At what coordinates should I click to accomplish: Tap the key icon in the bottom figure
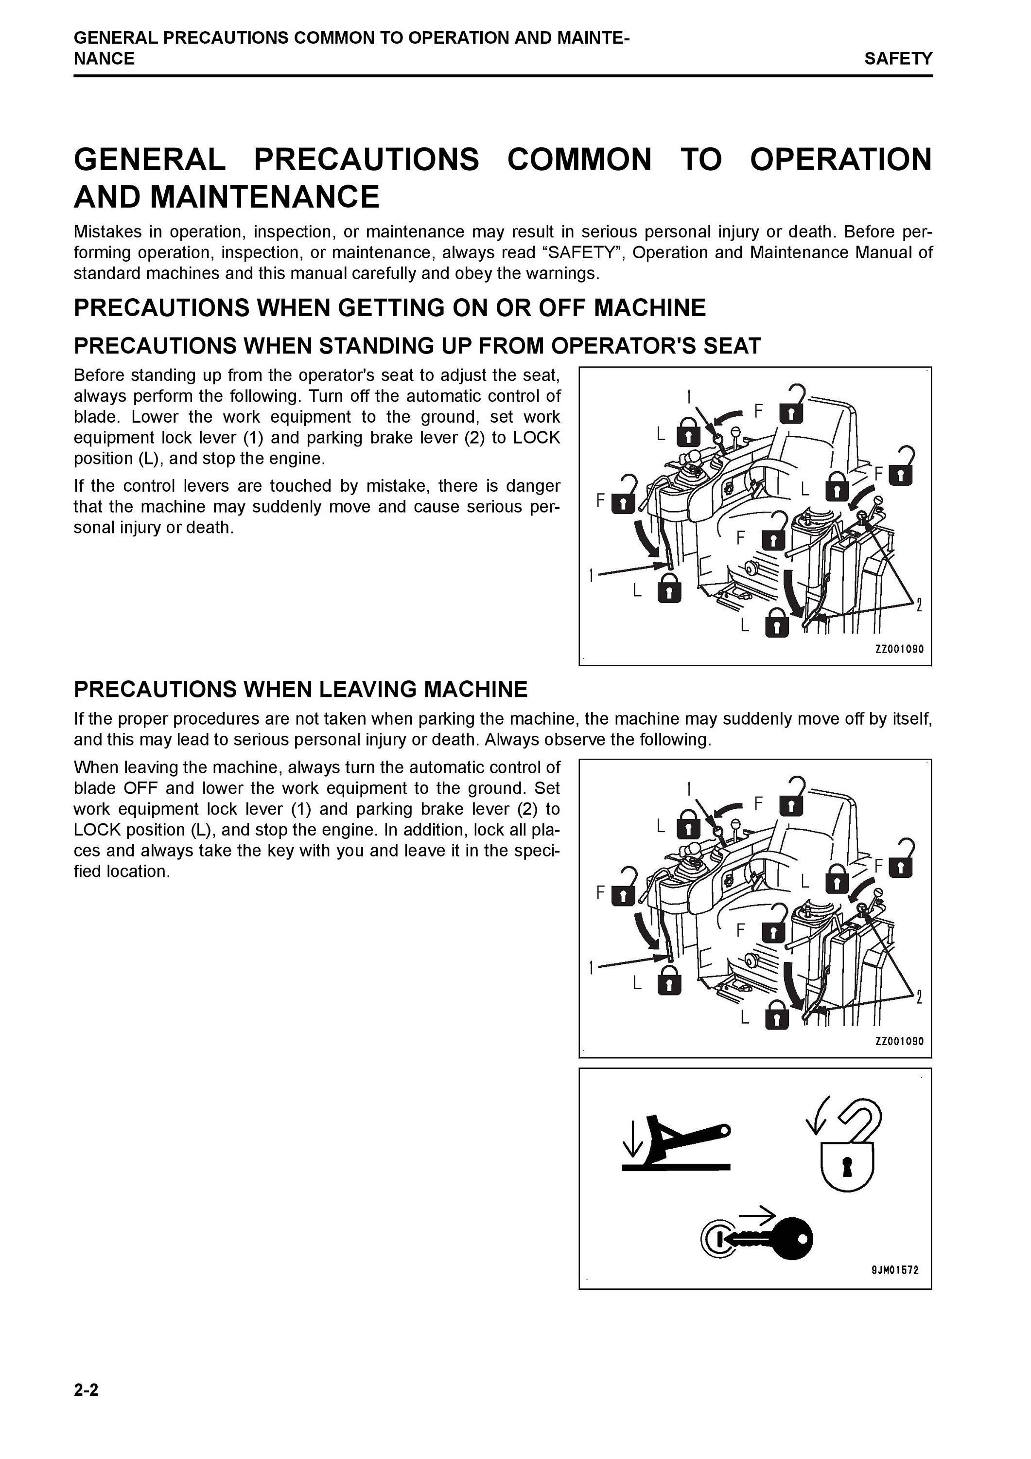(769, 1237)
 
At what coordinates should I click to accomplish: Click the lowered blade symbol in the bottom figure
(676, 1144)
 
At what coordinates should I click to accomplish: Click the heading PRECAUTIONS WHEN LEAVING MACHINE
(300, 690)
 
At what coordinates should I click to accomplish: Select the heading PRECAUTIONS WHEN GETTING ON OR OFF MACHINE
(389, 308)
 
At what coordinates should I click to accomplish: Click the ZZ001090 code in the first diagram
(899, 649)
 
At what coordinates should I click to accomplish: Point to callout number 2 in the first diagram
(919, 605)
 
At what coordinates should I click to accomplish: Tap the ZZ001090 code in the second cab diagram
(899, 1042)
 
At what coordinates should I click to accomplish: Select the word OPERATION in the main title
(841, 160)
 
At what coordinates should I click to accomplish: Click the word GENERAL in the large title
(150, 160)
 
